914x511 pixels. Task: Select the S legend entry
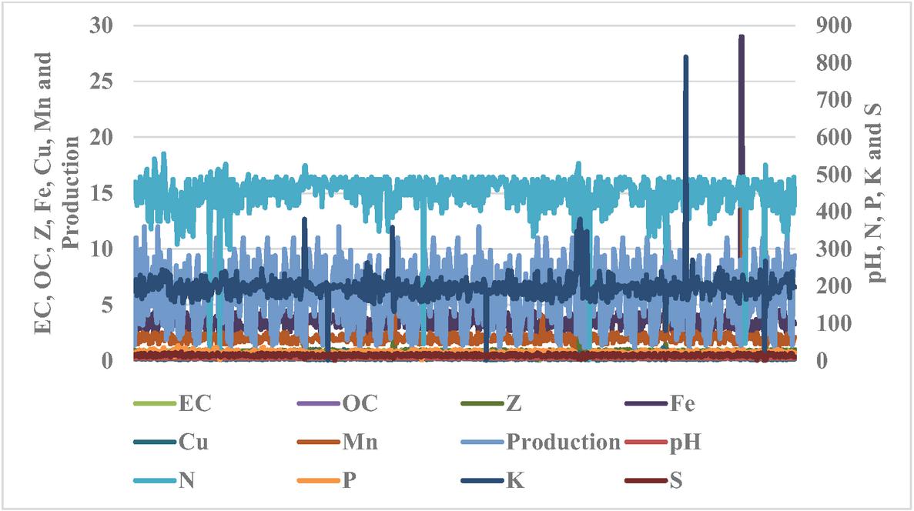click(x=675, y=483)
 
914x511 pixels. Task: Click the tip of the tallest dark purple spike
click(x=741, y=36)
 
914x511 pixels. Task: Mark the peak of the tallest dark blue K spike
click(x=685, y=56)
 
